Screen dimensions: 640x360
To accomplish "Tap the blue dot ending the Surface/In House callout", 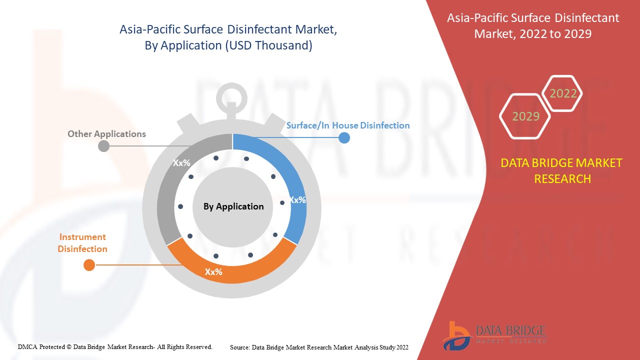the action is pyautogui.click(x=344, y=137).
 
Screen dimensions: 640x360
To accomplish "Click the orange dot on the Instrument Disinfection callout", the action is pyautogui.click(x=89, y=265).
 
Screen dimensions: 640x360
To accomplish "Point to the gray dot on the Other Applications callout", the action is pyautogui.click(x=103, y=146).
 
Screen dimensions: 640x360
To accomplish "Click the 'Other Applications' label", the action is pyautogui.click(x=106, y=133).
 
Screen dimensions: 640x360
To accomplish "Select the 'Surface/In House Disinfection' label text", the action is pyautogui.click(x=348, y=125).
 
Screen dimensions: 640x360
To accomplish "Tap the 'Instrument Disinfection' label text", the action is pyautogui.click(x=82, y=243).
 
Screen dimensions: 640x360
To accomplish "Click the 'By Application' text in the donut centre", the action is pyautogui.click(x=233, y=206).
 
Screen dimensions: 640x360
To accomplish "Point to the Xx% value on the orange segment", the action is pyautogui.click(x=213, y=271).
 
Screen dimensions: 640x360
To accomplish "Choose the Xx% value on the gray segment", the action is pyautogui.click(x=181, y=163).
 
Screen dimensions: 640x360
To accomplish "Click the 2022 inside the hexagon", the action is pyautogui.click(x=563, y=93).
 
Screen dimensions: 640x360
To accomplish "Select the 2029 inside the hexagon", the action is pyautogui.click(x=525, y=116).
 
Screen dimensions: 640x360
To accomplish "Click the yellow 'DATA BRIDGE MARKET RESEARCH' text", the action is pyautogui.click(x=561, y=171).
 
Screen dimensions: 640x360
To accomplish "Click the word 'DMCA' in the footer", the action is pyautogui.click(x=27, y=347).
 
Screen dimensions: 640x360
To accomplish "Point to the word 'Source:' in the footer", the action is pyautogui.click(x=240, y=347).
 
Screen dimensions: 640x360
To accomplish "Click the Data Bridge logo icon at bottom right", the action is pyautogui.click(x=456, y=335).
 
